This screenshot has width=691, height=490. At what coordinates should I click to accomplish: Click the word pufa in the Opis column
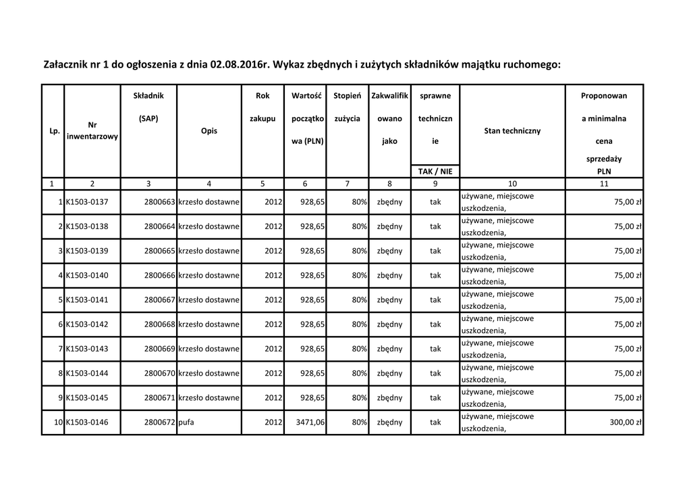point(186,422)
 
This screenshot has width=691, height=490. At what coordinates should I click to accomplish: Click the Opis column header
point(209,131)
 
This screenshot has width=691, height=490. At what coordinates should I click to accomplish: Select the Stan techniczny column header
point(512,131)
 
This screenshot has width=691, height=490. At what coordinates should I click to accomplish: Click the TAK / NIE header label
point(435,172)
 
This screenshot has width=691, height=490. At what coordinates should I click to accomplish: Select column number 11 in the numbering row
point(604,184)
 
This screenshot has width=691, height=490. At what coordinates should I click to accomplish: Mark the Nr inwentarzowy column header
point(92,131)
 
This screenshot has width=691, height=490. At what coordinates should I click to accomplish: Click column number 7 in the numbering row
point(347,184)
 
